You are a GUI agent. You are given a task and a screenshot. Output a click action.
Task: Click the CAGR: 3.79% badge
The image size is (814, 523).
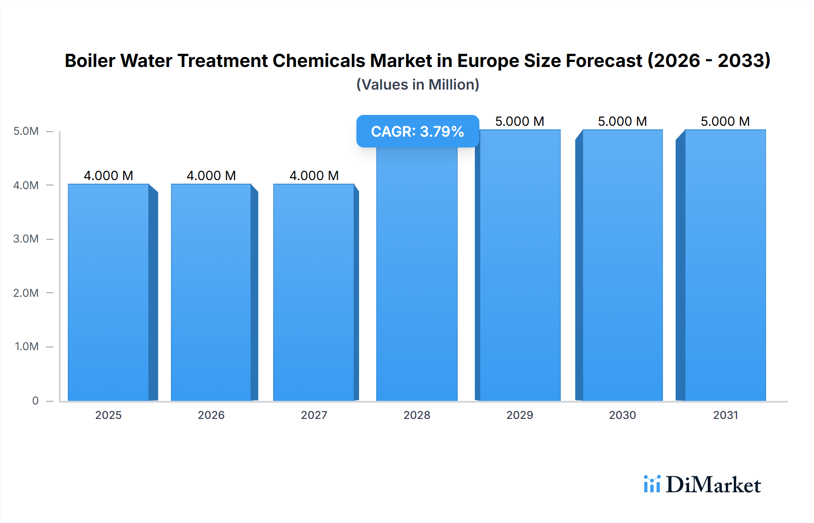click(x=417, y=131)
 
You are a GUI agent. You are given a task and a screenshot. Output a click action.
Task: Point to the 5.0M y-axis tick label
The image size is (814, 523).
click(x=26, y=131)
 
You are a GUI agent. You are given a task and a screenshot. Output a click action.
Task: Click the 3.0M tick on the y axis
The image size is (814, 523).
click(x=26, y=239)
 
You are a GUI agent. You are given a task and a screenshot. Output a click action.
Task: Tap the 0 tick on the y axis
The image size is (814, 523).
click(x=35, y=401)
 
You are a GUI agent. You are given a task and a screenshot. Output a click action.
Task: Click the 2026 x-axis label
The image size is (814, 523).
click(x=211, y=415)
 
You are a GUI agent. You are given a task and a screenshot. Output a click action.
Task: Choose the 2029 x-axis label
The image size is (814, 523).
click(x=520, y=415)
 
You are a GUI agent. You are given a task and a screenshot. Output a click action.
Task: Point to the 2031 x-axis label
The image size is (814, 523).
click(x=725, y=415)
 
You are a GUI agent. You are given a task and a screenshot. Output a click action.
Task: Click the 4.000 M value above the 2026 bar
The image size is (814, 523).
click(x=211, y=176)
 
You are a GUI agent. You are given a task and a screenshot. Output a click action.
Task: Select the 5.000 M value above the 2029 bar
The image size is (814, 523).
click(x=520, y=121)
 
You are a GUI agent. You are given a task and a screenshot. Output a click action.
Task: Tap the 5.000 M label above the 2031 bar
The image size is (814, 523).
click(x=725, y=121)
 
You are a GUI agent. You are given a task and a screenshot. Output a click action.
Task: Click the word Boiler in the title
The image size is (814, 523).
click(x=90, y=61)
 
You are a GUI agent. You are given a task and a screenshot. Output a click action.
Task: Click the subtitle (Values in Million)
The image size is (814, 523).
click(x=417, y=85)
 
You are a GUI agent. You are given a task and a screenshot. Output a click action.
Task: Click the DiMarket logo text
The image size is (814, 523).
click(x=713, y=485)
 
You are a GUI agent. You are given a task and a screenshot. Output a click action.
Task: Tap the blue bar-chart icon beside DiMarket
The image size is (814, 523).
click(x=652, y=484)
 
